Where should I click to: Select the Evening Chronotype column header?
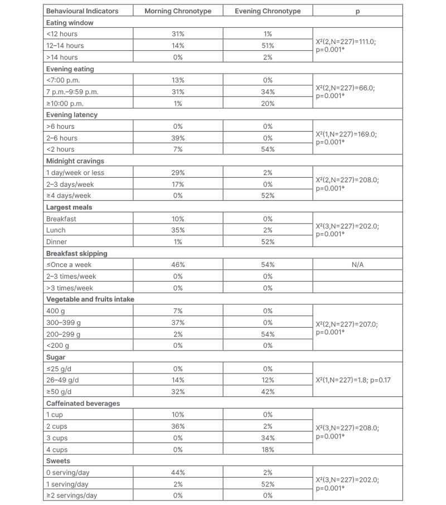pyautogui.click(x=268, y=11)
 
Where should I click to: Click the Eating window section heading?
pyautogui.click(x=70, y=23)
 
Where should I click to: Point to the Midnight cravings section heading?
pyautogui.click(x=75, y=161)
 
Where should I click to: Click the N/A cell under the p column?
pyautogui.click(x=357, y=265)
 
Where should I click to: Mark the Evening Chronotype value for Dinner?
pyautogui.click(x=268, y=242)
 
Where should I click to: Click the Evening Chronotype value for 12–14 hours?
pyautogui.click(x=268, y=46)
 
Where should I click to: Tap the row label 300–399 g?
pyautogui.click(x=64, y=323)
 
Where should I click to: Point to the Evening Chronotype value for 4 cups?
pyautogui.click(x=268, y=450)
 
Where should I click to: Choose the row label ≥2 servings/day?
pyautogui.click(x=72, y=496)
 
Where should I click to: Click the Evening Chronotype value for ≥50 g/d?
pyautogui.click(x=268, y=392)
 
